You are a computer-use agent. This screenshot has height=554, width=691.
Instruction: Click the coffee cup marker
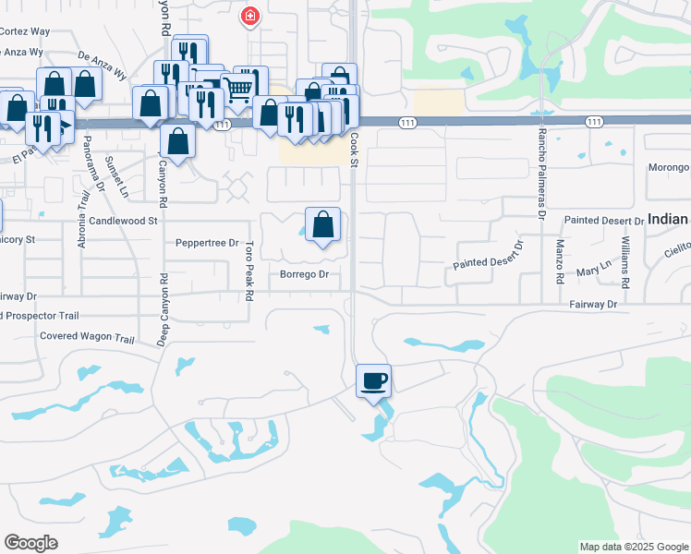point(373,381)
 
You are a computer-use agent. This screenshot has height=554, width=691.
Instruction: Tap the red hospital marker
point(249,16)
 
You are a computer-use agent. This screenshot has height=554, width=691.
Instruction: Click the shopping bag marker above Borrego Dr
point(322,224)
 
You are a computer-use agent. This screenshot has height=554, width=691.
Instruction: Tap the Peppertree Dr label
point(207,243)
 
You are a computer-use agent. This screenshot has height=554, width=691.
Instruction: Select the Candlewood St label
point(124,222)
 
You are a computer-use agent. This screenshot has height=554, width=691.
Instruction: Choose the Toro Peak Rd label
point(249,271)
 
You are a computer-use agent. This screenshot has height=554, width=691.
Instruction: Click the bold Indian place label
point(668,219)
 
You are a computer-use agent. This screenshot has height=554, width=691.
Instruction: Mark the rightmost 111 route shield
point(594,122)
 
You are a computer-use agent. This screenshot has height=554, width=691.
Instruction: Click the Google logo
point(30,543)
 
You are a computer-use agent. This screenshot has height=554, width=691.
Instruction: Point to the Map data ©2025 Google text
point(633,547)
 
